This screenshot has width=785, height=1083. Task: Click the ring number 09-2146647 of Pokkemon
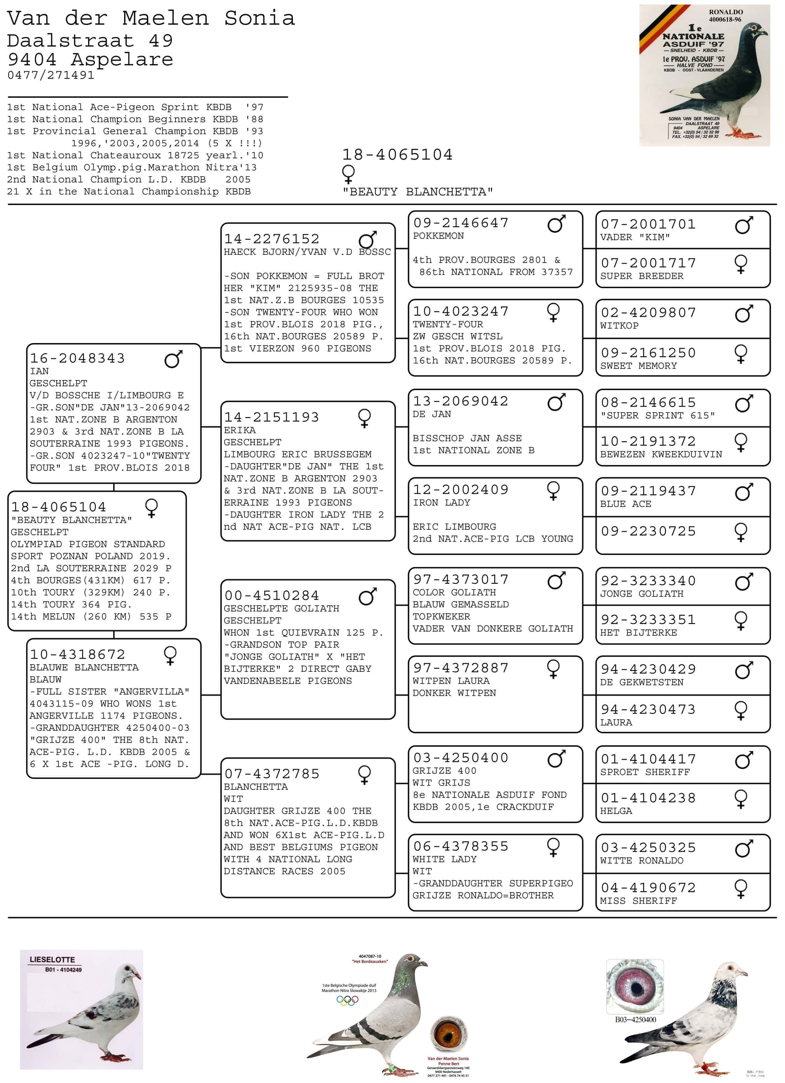pyautogui.click(x=461, y=223)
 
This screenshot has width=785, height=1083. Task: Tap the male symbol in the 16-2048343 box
pyautogui.click(x=173, y=359)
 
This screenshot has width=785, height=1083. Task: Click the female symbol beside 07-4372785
pyautogui.click(x=364, y=775)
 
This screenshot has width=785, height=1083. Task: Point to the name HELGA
pyautogui.click(x=616, y=811)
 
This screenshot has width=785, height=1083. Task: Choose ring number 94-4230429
pyautogui.click(x=648, y=670)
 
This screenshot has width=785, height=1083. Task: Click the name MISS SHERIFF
pyautogui.click(x=638, y=901)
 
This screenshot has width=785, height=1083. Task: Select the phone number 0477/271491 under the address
pyautogui.click(x=51, y=75)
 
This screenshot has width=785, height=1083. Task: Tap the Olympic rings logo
pyautogui.click(x=347, y=1000)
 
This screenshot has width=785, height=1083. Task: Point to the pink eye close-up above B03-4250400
pyautogui.click(x=635, y=986)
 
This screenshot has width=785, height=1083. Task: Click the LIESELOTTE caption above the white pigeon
pyautogui.click(x=52, y=959)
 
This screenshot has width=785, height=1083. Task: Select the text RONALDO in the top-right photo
pyautogui.click(x=725, y=12)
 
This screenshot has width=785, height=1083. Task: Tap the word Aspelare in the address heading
pyautogui.click(x=122, y=60)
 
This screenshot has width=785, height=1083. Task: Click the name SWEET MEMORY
pyautogui.click(x=638, y=366)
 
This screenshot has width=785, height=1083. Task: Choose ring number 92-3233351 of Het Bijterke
pyautogui.click(x=648, y=620)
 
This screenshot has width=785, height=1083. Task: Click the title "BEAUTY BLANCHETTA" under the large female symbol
pyautogui.click(x=418, y=192)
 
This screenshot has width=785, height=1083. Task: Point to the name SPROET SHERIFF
pyautogui.click(x=645, y=772)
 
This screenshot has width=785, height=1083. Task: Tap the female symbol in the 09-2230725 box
pyautogui.click(x=741, y=532)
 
